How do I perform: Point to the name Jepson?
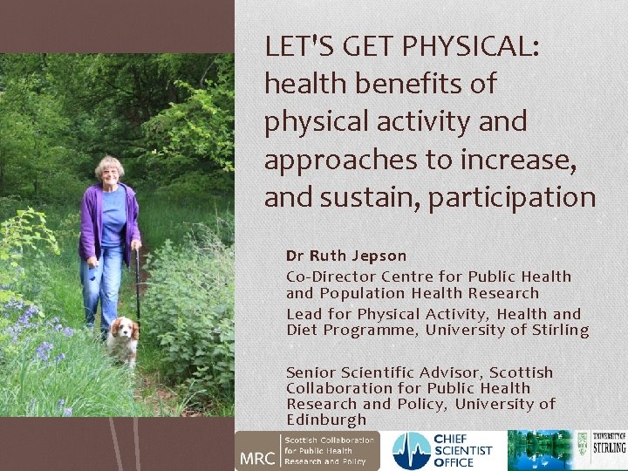[x=379, y=256]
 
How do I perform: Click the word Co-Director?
[x=326, y=276]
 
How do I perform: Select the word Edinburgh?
[x=325, y=420]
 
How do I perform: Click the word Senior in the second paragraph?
[x=311, y=372]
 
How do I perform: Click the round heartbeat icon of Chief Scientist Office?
[x=411, y=451]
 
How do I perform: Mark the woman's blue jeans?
[x=103, y=279]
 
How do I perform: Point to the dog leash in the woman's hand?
[x=137, y=279]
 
